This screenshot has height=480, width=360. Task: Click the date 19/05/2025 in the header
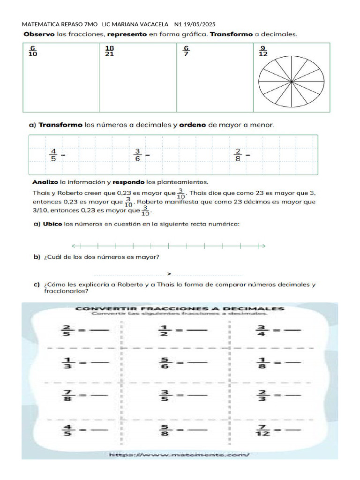point(200,24)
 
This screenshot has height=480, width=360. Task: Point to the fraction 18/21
point(109,51)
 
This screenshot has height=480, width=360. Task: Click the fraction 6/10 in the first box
point(33,51)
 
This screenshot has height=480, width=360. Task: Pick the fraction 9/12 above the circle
point(263,51)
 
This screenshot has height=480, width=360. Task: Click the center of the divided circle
point(291,82)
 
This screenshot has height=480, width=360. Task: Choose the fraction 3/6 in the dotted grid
point(138,154)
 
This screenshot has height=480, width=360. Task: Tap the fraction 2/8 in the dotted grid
point(238,154)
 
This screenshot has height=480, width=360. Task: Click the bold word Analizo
point(45,181)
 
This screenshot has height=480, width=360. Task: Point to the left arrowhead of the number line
point(74,246)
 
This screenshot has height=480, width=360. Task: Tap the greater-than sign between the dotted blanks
point(169,274)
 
